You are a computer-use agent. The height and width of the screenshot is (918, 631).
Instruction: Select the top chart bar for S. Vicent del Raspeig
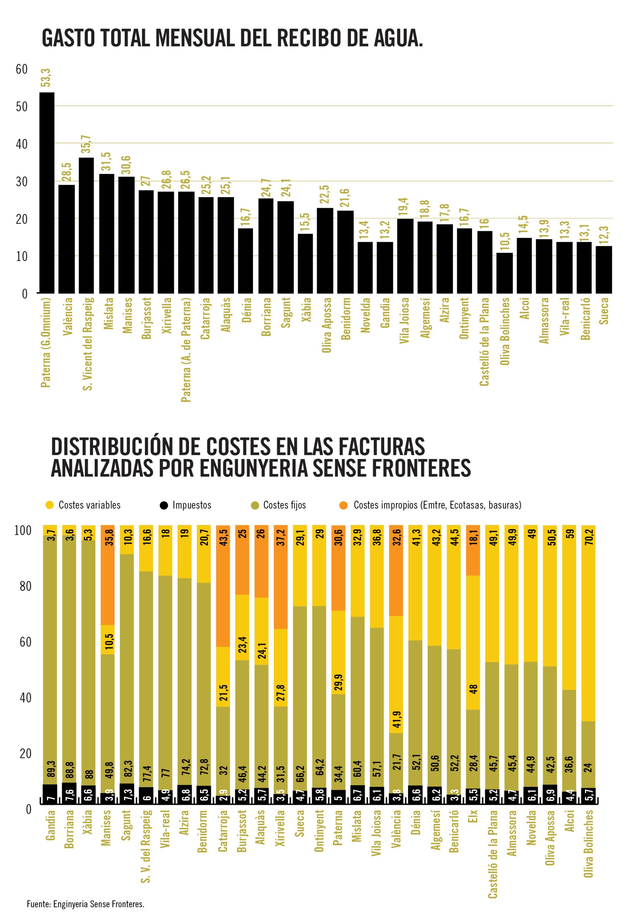coord(86,225)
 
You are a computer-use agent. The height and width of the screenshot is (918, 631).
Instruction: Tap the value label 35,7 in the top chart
coord(86,144)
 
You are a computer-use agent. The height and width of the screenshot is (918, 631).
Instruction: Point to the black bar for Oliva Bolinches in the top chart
coord(504,273)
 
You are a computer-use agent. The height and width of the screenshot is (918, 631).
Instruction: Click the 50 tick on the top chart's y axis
coord(22,106)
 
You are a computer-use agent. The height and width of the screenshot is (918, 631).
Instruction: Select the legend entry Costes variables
coord(89,505)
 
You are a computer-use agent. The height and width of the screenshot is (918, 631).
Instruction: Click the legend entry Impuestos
coord(192,505)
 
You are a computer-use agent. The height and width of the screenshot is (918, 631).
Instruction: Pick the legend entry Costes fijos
coord(284,505)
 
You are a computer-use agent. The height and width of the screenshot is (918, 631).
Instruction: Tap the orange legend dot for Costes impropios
coord(343,505)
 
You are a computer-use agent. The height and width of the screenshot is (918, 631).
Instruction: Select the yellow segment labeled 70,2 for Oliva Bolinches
coord(588,624)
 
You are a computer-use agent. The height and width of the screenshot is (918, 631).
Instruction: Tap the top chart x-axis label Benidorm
coord(346,319)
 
